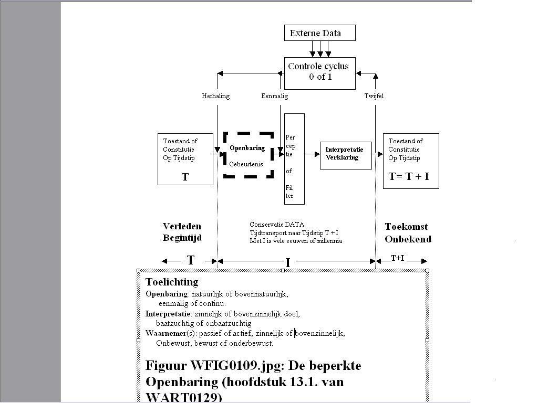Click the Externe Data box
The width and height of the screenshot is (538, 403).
319,33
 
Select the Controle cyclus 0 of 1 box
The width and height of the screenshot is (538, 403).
319,72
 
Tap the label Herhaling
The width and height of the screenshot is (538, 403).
215,96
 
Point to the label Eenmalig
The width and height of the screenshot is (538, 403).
274,96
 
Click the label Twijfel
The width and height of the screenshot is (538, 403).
374,96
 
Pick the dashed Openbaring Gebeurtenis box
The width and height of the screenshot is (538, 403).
248,155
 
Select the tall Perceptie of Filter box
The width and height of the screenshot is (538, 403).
294,158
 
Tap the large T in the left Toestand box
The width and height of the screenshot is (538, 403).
185,177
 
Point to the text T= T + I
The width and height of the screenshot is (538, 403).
409,177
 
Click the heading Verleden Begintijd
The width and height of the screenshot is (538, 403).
182,232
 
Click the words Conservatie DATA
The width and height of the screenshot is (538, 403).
276,225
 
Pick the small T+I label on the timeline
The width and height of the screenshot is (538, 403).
397,258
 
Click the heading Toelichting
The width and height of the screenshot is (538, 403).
172,282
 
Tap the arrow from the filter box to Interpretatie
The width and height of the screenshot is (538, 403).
312,154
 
